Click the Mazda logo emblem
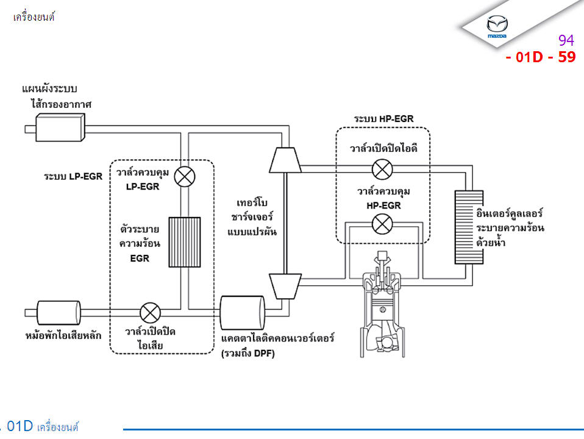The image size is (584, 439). click(x=497, y=26)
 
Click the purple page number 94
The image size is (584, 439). click(x=566, y=41)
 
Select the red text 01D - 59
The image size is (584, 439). click(x=540, y=57)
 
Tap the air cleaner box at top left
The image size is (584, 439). click(x=59, y=128)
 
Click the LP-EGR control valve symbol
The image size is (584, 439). click(x=184, y=177)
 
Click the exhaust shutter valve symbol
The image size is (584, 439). click(x=150, y=313)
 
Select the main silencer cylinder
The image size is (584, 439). click(x=59, y=313)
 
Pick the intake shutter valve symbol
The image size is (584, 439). click(x=382, y=169)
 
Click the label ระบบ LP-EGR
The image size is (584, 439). click(x=73, y=177)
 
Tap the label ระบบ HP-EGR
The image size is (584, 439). click(x=383, y=118)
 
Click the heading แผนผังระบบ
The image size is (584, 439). click(x=54, y=89)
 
